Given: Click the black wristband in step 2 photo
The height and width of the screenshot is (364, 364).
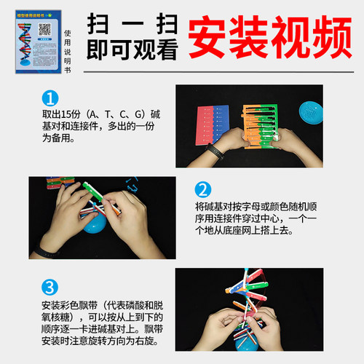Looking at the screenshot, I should pos(45,253).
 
